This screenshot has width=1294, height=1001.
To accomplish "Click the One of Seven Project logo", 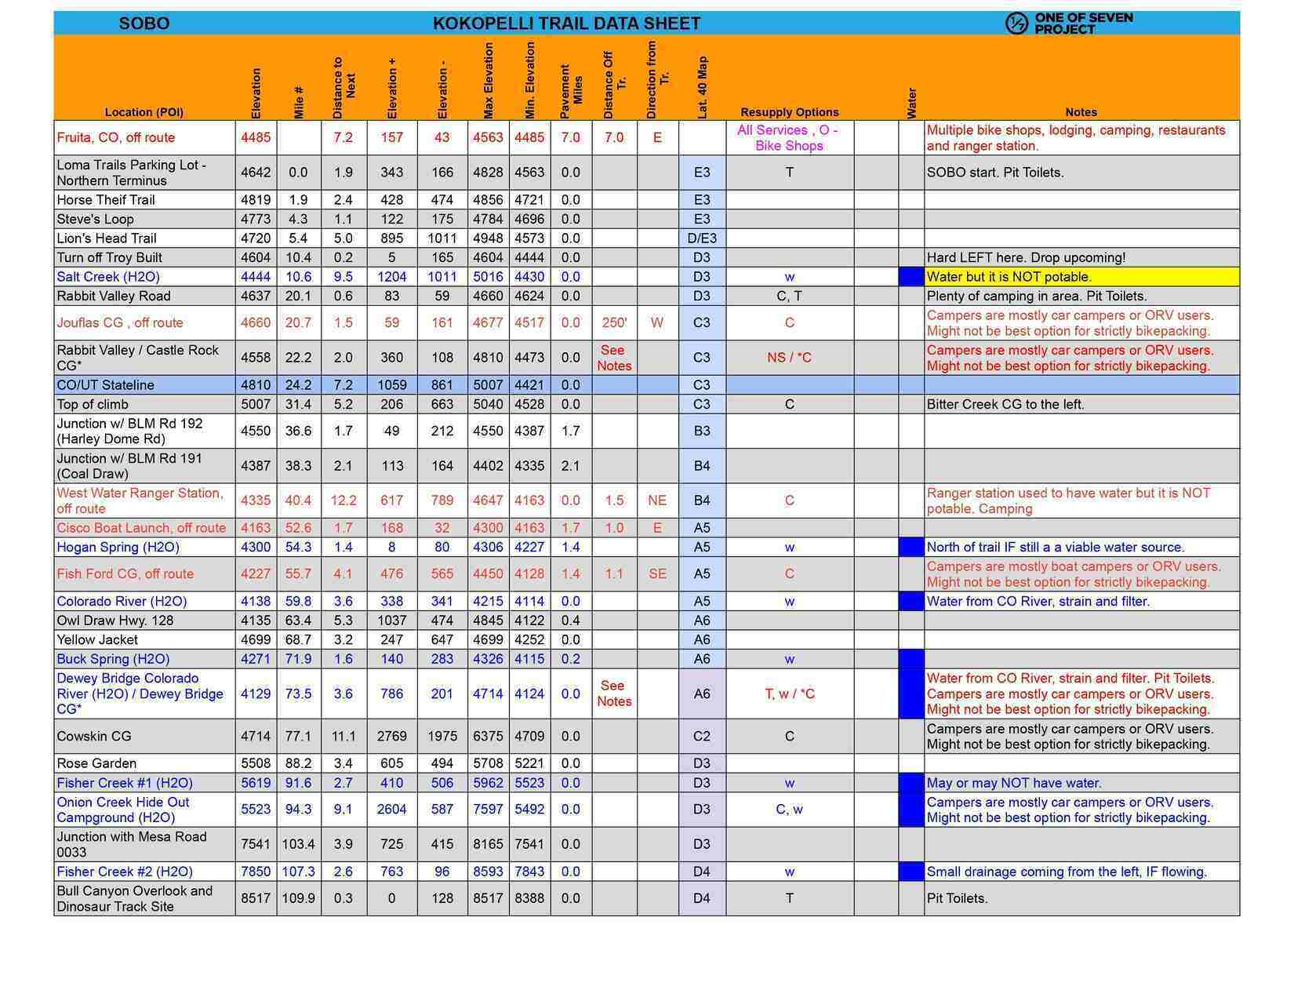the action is pyautogui.click(x=1068, y=24).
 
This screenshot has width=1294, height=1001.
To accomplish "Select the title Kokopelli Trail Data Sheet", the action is pyautogui.click(x=566, y=24).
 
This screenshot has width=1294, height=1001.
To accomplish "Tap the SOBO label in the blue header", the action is pyautogui.click(x=144, y=24).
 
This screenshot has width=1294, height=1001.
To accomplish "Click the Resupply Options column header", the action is pyautogui.click(x=789, y=112).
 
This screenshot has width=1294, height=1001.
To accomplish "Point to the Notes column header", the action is pyautogui.click(x=1081, y=112).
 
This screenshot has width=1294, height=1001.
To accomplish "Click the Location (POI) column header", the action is pyautogui.click(x=144, y=112).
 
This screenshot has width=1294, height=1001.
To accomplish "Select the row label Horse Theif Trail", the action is pyautogui.click(x=106, y=200).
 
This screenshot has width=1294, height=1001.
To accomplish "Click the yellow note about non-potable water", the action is pyautogui.click(x=1009, y=277).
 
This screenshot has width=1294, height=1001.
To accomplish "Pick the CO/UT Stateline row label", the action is pyautogui.click(x=105, y=385).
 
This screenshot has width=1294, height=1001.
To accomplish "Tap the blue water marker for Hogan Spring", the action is pyautogui.click(x=911, y=547).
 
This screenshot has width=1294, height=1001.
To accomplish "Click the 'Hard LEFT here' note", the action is pyautogui.click(x=1026, y=257).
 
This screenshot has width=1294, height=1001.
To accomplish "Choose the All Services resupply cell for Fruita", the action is pyautogui.click(x=788, y=138).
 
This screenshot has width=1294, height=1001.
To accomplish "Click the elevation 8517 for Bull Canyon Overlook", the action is pyautogui.click(x=256, y=898).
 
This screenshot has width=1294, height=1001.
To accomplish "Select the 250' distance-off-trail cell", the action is pyautogui.click(x=614, y=322).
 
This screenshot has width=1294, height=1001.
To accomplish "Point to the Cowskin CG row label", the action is pyautogui.click(x=94, y=737).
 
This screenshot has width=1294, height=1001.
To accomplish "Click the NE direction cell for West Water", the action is pyautogui.click(x=657, y=500).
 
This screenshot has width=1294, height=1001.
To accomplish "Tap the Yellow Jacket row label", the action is pyautogui.click(x=97, y=639).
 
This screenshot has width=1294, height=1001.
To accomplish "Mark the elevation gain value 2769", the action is pyautogui.click(x=391, y=737).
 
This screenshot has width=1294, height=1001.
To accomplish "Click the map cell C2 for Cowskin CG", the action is pyautogui.click(x=702, y=737).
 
